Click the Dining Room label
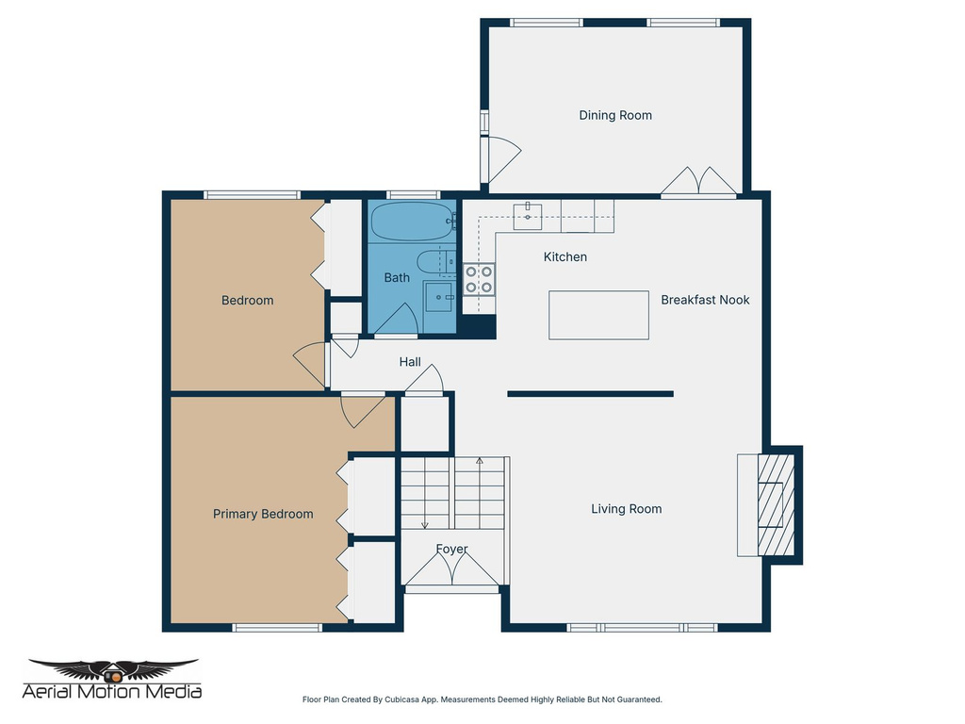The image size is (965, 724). (615, 115)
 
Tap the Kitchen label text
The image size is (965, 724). (565, 256)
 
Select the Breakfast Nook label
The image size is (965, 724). (705, 300)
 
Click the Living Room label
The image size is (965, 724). (627, 509)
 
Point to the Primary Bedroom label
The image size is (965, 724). (263, 514)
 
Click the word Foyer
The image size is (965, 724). (451, 549)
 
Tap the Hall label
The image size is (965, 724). (410, 362)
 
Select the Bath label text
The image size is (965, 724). (397, 278)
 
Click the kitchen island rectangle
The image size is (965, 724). (599, 315)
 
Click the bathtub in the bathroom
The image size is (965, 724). (412, 222)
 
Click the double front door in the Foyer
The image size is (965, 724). (451, 569)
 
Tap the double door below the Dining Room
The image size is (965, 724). (698, 182)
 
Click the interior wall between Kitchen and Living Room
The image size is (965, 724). (590, 394)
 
